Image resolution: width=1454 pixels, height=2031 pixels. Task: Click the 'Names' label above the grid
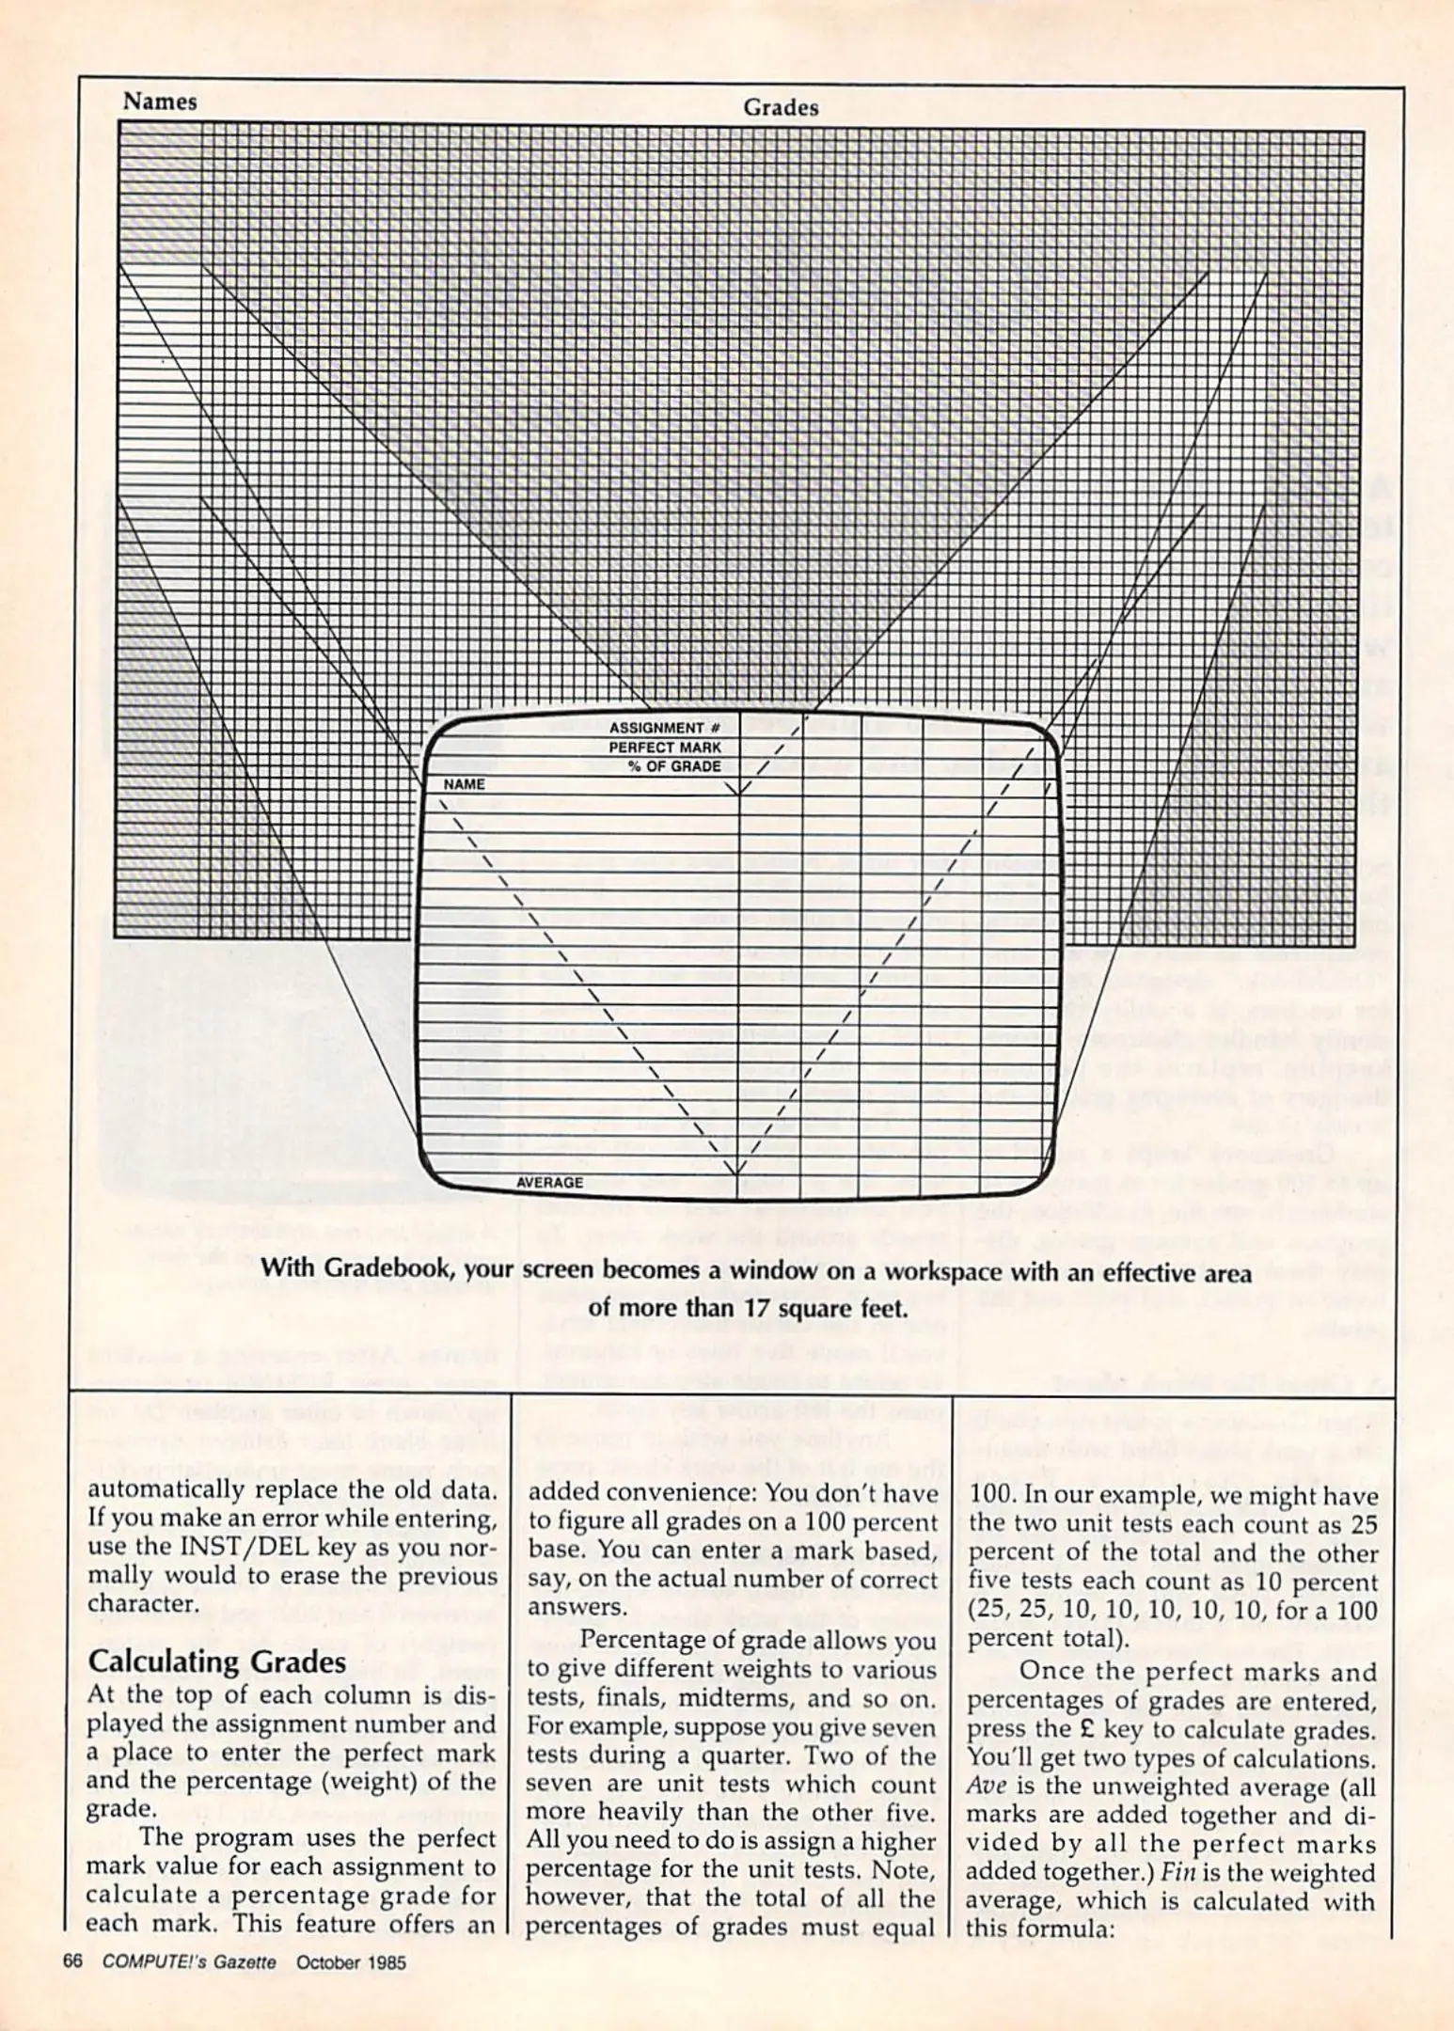(160, 102)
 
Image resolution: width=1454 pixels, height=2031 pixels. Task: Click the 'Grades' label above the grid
(780, 108)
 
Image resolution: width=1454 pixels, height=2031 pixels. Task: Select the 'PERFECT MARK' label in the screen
(665, 748)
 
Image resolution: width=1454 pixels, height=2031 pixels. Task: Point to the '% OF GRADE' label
(674, 766)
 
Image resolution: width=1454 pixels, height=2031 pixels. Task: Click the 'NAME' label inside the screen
(465, 784)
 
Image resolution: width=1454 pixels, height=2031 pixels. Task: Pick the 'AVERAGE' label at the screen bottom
(549, 1183)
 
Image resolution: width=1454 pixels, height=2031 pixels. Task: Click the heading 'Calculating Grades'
(217, 1662)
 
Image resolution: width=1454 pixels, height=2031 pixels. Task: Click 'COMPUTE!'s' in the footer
(151, 1961)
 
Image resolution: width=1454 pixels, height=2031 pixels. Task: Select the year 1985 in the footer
(383, 1961)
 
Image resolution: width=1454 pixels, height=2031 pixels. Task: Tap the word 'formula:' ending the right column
(1069, 1930)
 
